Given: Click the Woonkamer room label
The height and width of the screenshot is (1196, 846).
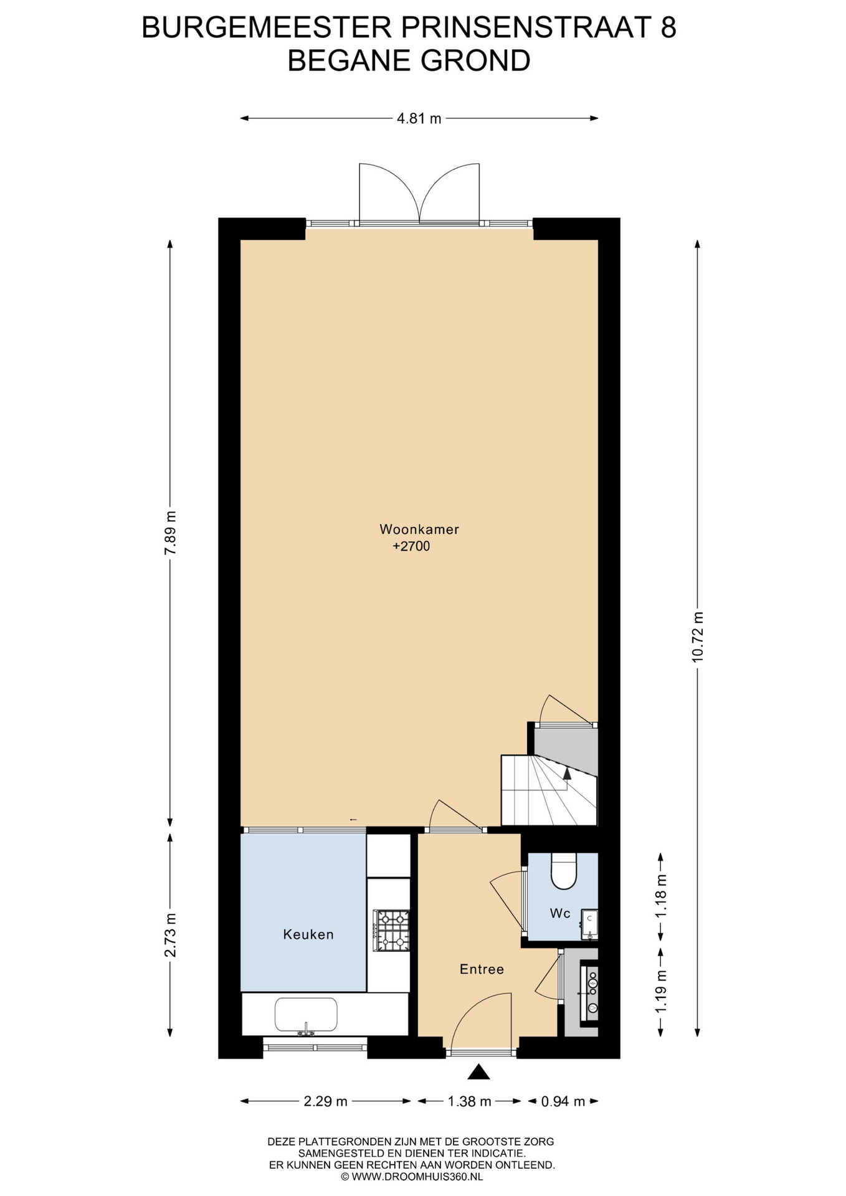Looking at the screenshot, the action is [419, 529].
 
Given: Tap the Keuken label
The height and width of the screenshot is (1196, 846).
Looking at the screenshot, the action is [308, 934].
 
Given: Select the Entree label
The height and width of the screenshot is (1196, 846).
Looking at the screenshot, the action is [482, 969].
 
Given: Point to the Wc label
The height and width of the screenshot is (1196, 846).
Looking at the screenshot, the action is [560, 913].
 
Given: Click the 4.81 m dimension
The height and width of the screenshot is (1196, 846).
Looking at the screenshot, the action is [419, 118].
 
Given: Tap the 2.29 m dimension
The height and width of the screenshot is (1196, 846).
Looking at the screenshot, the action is [325, 1101].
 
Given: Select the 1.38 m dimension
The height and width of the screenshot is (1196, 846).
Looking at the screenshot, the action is [470, 1101].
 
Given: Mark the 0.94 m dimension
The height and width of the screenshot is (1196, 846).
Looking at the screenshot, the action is [563, 1101].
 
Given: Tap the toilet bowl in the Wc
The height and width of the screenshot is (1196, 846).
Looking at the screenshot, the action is [564, 870].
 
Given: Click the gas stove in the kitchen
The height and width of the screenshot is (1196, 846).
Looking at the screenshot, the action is [391, 931].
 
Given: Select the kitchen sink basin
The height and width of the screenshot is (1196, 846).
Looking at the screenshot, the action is [306, 1015].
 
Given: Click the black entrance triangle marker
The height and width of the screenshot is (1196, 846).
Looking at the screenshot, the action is [478, 1071].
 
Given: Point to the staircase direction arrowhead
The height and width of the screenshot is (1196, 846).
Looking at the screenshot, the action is [567, 773].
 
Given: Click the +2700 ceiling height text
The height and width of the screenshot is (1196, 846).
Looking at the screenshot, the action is [411, 547].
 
